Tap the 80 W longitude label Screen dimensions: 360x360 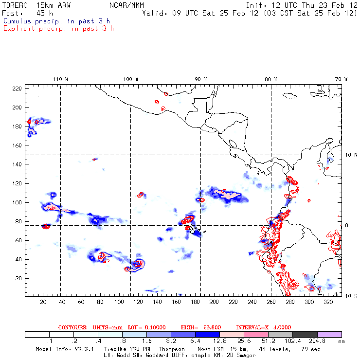[x=271, y=79]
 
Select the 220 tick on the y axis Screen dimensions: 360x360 [x=18, y=89]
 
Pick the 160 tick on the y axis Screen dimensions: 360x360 [x=18, y=145]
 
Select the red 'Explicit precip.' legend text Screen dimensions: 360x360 [x=58, y=28]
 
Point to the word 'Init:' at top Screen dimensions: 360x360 [x=256, y=5]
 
